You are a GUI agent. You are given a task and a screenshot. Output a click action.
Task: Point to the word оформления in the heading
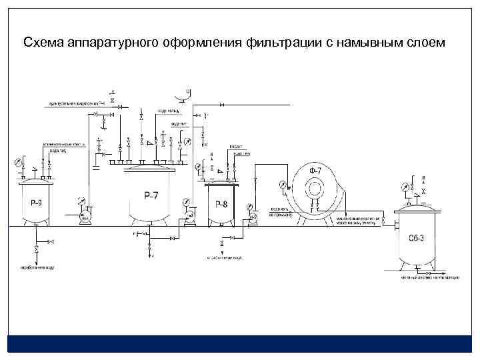(x=205, y=43)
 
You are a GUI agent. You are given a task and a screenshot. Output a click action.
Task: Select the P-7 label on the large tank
(x=151, y=195)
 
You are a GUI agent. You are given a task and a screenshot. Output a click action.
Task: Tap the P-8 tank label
(x=221, y=205)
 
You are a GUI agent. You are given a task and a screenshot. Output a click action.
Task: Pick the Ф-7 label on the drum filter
(x=315, y=172)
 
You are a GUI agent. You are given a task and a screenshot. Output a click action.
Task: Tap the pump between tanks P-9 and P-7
(x=85, y=218)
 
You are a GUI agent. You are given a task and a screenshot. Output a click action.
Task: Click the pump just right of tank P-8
(x=253, y=217)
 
